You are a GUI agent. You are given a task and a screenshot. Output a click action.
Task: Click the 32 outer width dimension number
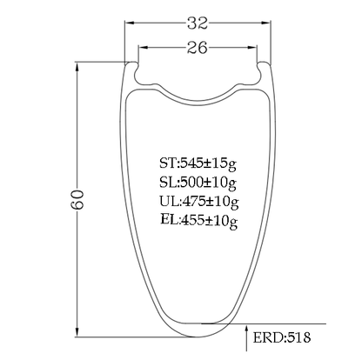[198, 23]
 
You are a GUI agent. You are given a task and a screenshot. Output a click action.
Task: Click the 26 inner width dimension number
[198, 48]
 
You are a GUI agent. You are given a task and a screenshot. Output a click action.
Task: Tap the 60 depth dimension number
[77, 199]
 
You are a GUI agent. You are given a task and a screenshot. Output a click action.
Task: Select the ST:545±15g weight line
[198, 164]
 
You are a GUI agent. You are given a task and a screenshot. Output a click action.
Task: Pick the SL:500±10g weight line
[198, 183]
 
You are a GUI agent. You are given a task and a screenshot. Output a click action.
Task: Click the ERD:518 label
[282, 337]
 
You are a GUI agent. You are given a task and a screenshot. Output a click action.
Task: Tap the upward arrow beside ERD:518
[246, 338]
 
